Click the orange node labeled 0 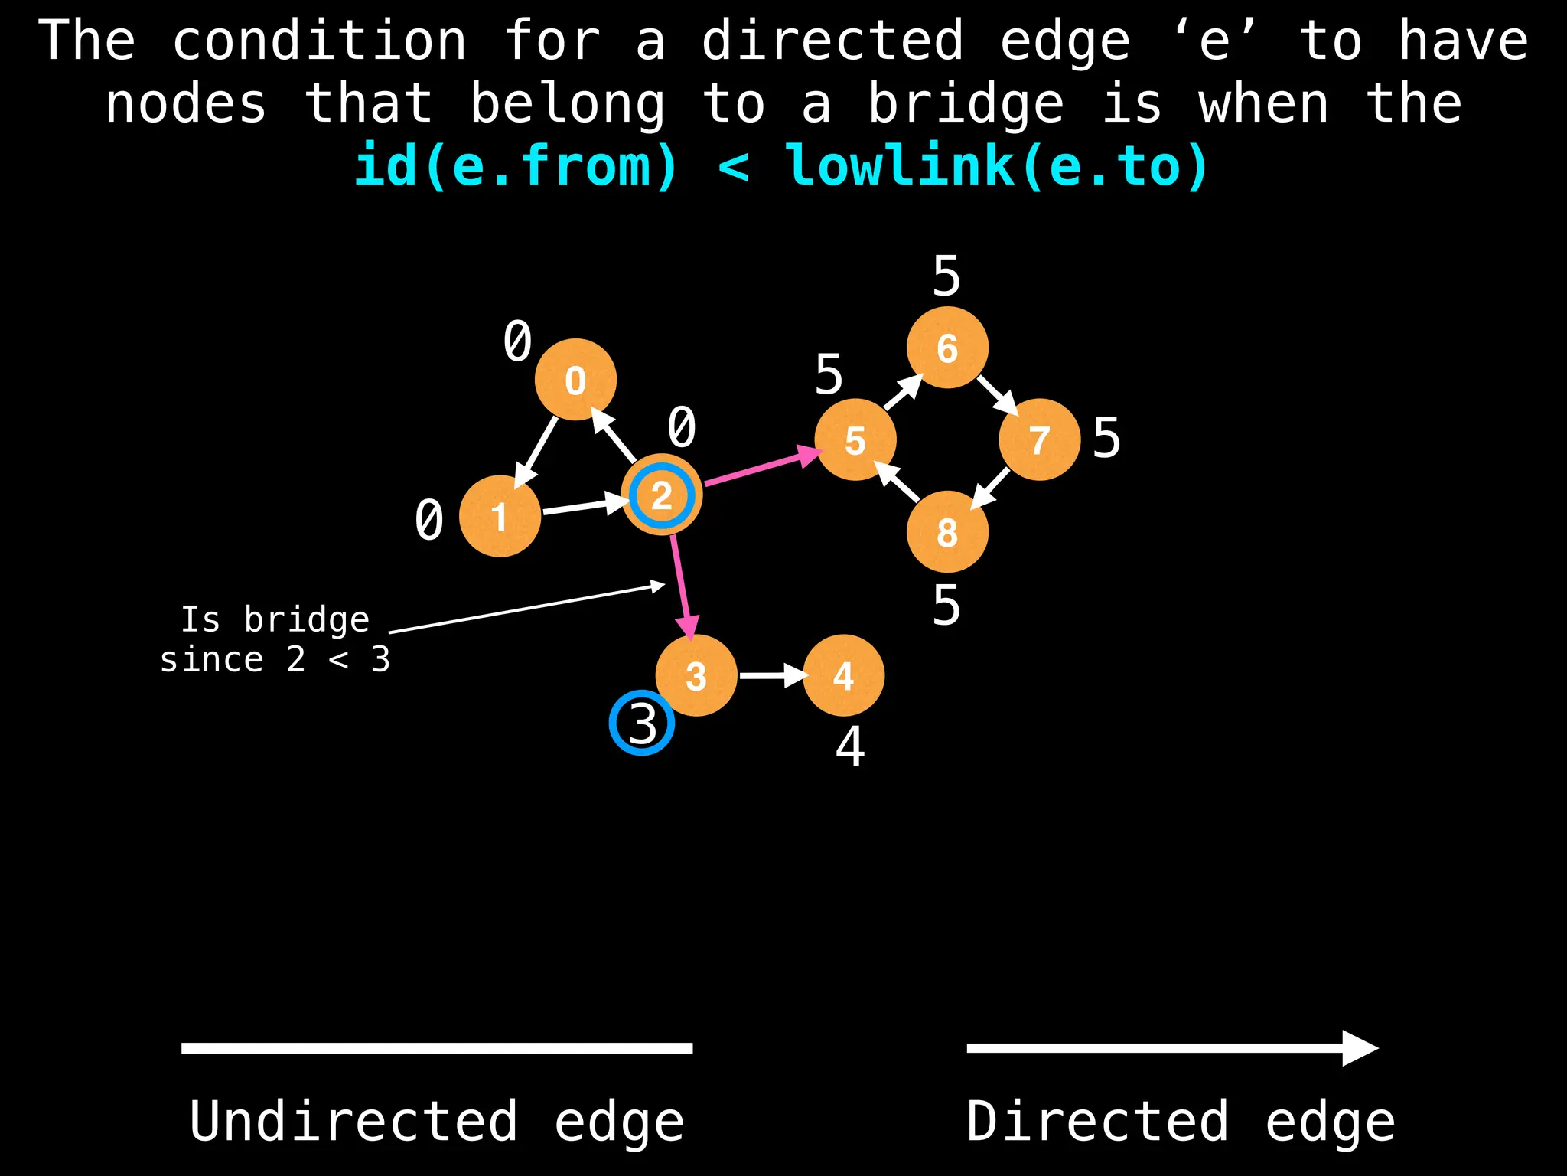[575, 380]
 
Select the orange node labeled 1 [500, 516]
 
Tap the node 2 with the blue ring [662, 495]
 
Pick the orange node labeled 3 [696, 675]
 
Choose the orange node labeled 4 [843, 675]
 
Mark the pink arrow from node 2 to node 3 [683, 586]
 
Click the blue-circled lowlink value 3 [642, 724]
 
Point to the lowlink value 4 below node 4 [850, 746]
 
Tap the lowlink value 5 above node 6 [946, 276]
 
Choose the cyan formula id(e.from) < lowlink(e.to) [780, 165]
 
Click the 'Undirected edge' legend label [436, 1122]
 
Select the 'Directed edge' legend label [1180, 1122]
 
